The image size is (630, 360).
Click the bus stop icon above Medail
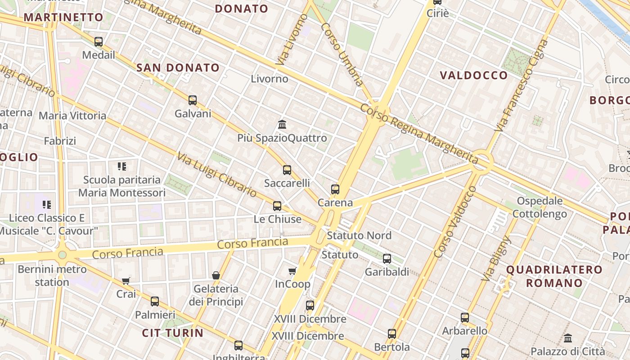99,42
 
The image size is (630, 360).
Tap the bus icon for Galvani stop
193,100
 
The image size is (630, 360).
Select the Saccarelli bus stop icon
287,170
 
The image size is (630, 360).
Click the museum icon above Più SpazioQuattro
282,124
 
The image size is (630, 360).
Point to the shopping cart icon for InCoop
292,271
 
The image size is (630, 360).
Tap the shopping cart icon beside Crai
126,281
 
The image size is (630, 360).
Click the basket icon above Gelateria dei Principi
216,275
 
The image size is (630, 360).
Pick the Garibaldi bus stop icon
387,259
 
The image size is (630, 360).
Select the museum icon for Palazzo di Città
568,338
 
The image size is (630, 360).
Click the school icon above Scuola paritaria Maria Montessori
121,166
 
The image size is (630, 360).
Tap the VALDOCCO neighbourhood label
473,75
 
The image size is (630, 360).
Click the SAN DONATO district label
178,68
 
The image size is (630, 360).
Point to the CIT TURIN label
173,333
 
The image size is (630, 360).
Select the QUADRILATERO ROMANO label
554,276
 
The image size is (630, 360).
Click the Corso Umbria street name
342,54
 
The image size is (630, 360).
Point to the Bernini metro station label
52,276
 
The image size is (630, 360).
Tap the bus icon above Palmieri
155,301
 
